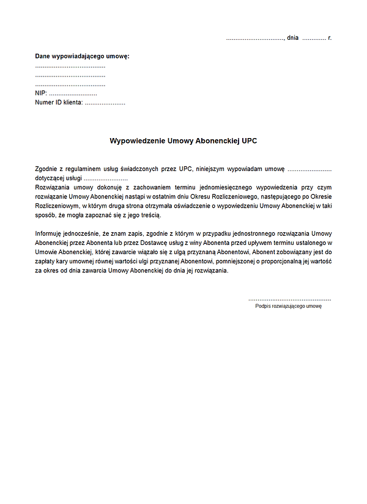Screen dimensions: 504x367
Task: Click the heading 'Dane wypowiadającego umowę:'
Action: [83, 56]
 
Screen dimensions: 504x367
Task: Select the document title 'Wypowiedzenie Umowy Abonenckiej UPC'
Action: [183, 141]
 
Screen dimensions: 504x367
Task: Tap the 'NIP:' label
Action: [41, 93]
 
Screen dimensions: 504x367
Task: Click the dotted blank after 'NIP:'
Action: [73, 94]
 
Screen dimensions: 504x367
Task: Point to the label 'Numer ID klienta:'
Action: [59, 103]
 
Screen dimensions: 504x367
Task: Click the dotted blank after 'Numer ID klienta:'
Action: [105, 103]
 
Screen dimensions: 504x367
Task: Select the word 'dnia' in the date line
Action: [292, 38]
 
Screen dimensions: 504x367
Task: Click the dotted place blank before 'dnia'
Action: [254, 38]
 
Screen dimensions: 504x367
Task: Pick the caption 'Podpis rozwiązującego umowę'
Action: [288, 306]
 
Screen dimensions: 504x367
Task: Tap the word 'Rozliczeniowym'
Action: [59, 207]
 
